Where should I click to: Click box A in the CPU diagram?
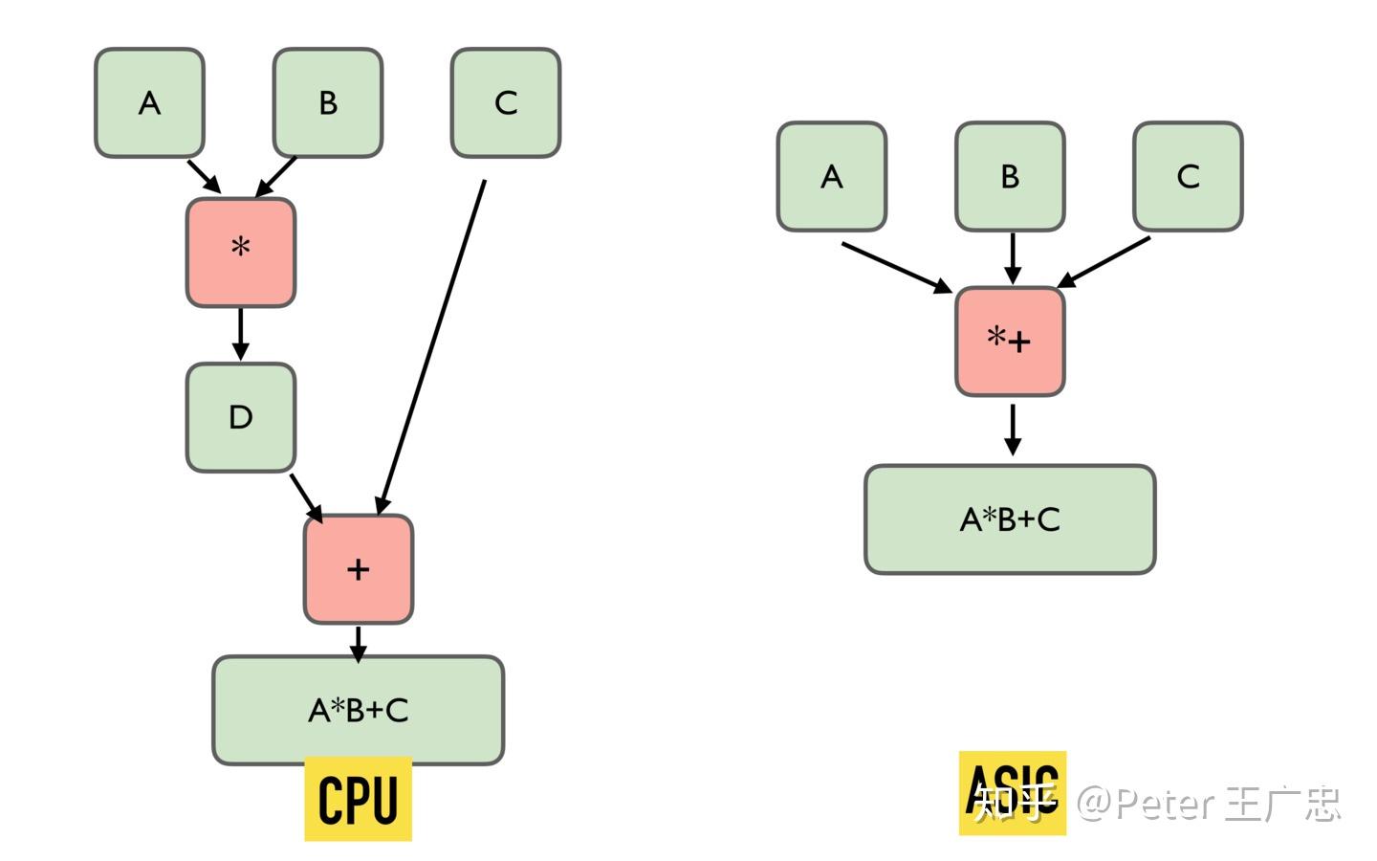[x=149, y=102]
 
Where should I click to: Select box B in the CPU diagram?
[x=328, y=102]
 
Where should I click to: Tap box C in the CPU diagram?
[x=506, y=102]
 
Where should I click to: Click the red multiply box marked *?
[x=241, y=253]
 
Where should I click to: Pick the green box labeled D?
[x=241, y=417]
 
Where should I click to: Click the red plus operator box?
[x=359, y=569]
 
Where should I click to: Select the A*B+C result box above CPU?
[x=359, y=710]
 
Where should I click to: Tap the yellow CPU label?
[x=359, y=798]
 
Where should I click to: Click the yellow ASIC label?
[x=1013, y=793]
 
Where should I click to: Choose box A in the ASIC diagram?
[x=832, y=176]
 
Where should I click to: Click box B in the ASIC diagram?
[x=1010, y=176]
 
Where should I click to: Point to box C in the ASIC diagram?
[x=1189, y=176]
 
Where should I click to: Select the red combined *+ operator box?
[x=1010, y=342]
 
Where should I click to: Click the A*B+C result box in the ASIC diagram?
[x=1010, y=519]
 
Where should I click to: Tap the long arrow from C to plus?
[x=431, y=347]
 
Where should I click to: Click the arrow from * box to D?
[x=240, y=334]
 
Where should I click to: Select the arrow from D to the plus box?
[x=306, y=498]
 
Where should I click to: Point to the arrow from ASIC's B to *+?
[x=1013, y=258]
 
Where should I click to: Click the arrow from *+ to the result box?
[x=1013, y=430]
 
